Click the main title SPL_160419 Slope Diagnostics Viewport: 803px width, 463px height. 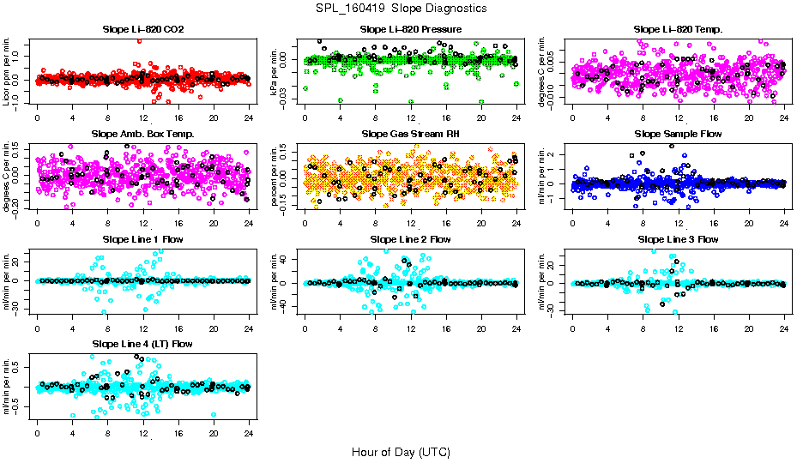(x=401, y=8)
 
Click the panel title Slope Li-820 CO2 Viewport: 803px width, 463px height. (x=142, y=30)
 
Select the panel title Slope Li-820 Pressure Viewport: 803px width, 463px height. (x=410, y=30)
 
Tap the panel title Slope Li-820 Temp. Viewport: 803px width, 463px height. (x=678, y=30)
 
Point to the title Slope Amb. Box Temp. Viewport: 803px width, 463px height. (x=142, y=135)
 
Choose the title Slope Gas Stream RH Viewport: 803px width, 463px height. (x=410, y=135)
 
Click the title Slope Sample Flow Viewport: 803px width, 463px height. (x=678, y=135)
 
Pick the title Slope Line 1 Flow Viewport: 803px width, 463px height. (x=142, y=239)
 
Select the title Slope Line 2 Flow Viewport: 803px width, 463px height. (x=410, y=239)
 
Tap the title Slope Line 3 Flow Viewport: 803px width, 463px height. (x=678, y=239)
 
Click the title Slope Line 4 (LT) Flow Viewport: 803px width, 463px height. (x=142, y=344)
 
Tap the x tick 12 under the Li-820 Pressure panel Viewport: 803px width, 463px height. (x=411, y=118)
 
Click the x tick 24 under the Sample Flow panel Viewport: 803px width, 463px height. (x=785, y=223)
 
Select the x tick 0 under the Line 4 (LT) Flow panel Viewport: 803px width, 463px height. (x=38, y=432)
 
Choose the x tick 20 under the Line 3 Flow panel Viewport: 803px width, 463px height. (x=749, y=328)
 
